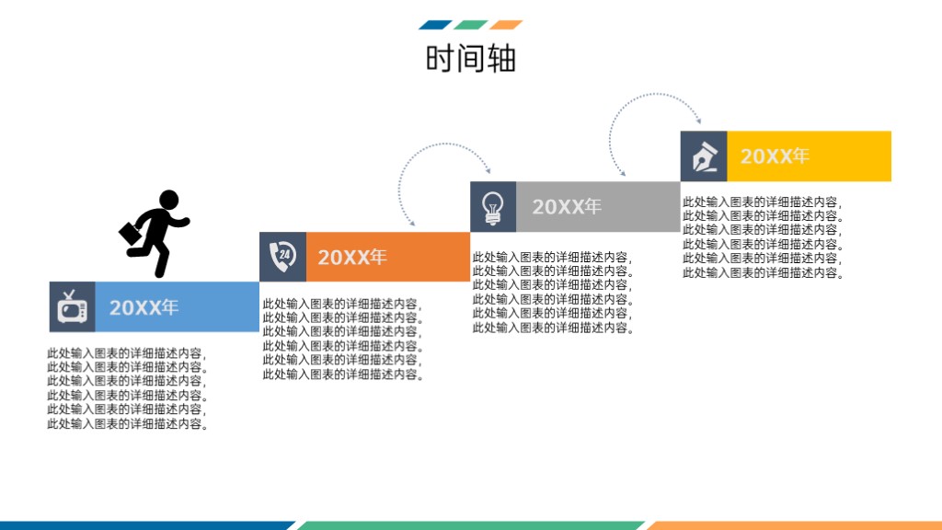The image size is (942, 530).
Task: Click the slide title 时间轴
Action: (x=471, y=58)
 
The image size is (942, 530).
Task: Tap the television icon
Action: (x=72, y=307)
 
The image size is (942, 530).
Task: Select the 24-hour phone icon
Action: (x=282, y=257)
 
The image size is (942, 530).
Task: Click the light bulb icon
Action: (x=493, y=208)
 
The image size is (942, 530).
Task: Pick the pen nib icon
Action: (x=704, y=156)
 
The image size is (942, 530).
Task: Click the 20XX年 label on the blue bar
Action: (x=144, y=307)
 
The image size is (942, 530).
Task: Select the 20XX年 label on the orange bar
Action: (x=352, y=258)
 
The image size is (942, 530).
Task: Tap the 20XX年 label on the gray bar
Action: (x=567, y=207)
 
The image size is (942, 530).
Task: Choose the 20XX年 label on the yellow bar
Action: (x=775, y=156)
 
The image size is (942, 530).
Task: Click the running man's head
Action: (x=169, y=200)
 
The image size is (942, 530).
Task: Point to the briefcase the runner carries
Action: (x=132, y=234)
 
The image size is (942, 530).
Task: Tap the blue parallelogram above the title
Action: (x=435, y=25)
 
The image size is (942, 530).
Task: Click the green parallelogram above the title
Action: (x=471, y=25)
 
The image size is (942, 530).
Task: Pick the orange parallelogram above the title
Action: (x=506, y=25)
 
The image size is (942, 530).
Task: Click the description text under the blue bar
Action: (x=128, y=388)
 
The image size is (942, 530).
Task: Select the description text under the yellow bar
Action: (x=763, y=237)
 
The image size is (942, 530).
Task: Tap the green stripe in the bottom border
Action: (x=471, y=525)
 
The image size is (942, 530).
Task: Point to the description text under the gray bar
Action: (x=553, y=292)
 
